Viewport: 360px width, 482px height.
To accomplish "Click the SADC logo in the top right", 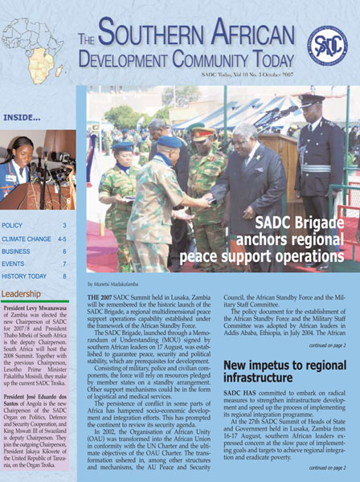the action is [x=327, y=46].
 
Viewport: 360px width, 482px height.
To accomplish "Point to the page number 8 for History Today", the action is [x=65, y=276].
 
